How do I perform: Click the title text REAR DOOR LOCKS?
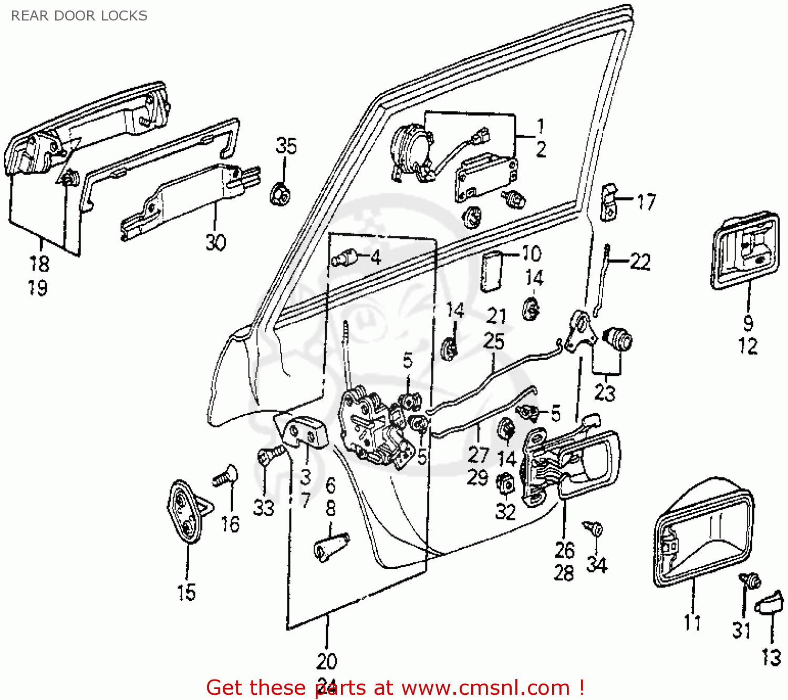[x=79, y=16]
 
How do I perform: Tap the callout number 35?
[x=286, y=146]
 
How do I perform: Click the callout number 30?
[x=215, y=242]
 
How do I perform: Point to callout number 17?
[x=646, y=201]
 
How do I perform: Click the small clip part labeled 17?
[x=609, y=203]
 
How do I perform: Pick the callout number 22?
[x=640, y=261]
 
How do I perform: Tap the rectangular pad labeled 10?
[x=491, y=270]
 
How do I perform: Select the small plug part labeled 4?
[x=345, y=258]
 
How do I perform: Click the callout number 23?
[x=605, y=392]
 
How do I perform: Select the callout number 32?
[x=505, y=511]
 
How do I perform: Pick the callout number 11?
[x=692, y=622]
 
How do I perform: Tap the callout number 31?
[x=742, y=630]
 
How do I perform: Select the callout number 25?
[x=494, y=341]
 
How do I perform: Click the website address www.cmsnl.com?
[x=486, y=687]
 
